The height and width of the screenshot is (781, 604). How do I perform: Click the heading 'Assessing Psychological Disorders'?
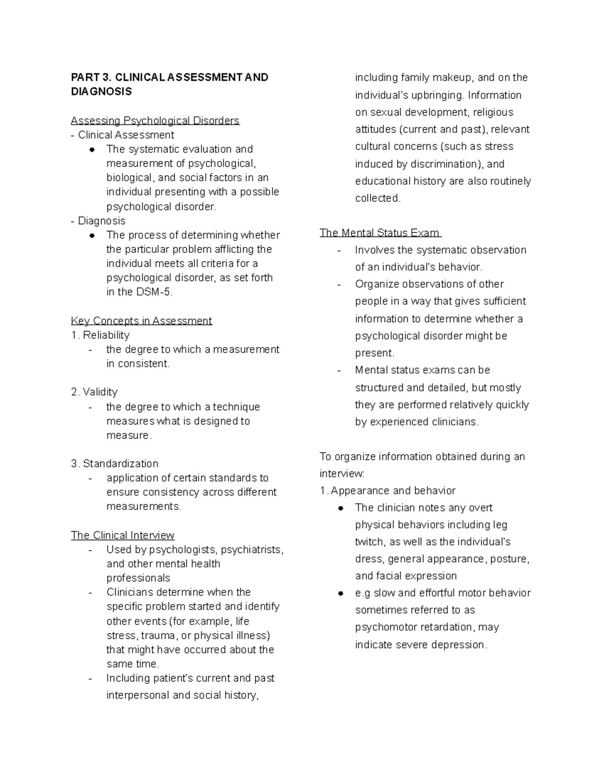pos(155,121)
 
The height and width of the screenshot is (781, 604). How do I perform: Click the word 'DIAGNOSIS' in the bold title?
pos(101,92)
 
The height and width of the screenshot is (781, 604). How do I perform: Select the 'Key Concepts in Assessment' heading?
pos(141,321)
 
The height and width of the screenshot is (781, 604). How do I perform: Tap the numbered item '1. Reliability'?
pos(100,335)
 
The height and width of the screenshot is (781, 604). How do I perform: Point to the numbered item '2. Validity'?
pos(94,392)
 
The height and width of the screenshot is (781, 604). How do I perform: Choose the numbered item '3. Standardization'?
pos(115,463)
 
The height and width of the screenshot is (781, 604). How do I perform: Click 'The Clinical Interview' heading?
pos(122,535)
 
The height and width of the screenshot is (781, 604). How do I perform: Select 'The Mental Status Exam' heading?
pos(380,233)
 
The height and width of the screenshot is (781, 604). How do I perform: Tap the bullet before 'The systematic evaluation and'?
pos(92,149)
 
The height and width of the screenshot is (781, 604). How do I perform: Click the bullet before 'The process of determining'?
pos(92,235)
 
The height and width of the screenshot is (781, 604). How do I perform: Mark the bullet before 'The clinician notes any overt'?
pos(341,508)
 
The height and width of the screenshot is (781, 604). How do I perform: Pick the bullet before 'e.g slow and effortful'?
pos(341,593)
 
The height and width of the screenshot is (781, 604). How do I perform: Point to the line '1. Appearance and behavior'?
pos(388,490)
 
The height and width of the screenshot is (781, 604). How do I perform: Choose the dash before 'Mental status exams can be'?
pos(339,371)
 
